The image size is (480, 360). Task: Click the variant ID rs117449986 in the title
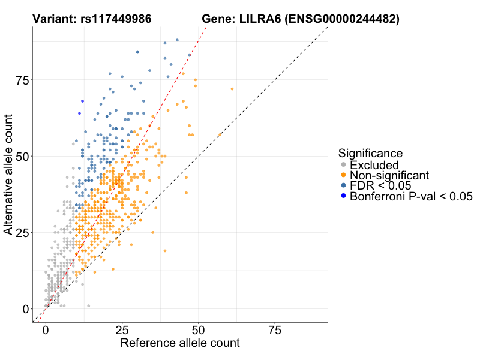[x=116, y=19]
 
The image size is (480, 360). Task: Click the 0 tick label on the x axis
[x=46, y=331]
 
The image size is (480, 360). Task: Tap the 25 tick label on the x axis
[x=122, y=331]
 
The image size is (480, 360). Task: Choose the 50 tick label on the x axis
[x=199, y=331]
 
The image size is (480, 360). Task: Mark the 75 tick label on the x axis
[x=275, y=331]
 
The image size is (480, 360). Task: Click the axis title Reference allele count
[x=180, y=343]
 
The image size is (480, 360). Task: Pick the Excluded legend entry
[x=374, y=165]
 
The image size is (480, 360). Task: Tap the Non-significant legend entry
[x=389, y=175]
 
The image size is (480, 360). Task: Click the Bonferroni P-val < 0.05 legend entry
[x=411, y=196]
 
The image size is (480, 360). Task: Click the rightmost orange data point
[x=232, y=89]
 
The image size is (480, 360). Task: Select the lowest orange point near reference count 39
[x=165, y=251]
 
